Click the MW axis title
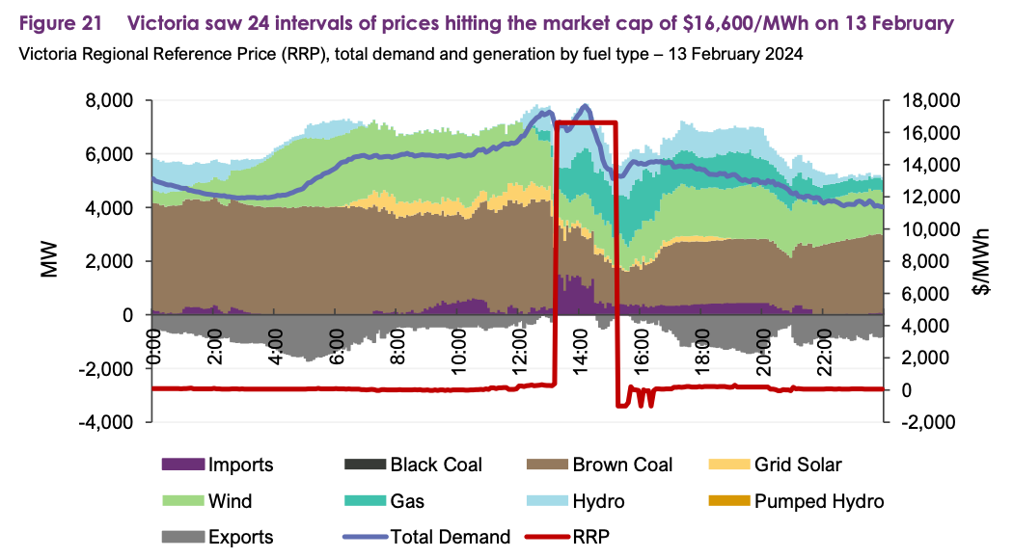50,261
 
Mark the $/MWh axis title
982,261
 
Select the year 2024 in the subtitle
784,54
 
